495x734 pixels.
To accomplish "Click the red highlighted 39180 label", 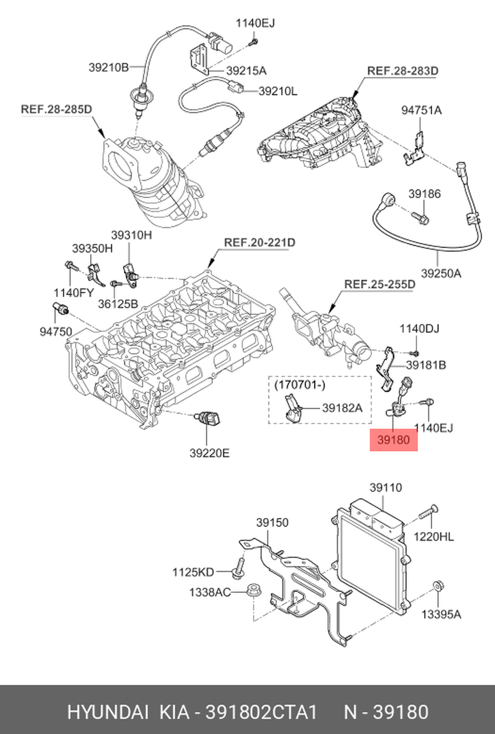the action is [x=394, y=440].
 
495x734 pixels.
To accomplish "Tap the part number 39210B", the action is [x=109, y=67].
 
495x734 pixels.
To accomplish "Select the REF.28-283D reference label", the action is [x=402, y=71].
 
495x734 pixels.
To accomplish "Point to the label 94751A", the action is [x=422, y=110].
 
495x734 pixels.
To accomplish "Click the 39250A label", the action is [x=441, y=273].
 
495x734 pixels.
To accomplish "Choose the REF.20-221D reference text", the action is [x=259, y=242].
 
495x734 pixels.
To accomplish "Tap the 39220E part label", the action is [x=209, y=453].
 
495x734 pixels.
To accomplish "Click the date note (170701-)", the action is [x=300, y=385].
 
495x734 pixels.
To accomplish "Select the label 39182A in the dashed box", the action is [x=343, y=408].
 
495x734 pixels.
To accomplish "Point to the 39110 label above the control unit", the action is [x=386, y=488].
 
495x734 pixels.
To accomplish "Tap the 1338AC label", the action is [x=210, y=592].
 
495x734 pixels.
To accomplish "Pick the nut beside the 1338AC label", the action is [x=253, y=590].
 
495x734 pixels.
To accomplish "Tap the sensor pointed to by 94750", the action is [x=60, y=308].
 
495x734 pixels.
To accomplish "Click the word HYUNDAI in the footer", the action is [x=106, y=712].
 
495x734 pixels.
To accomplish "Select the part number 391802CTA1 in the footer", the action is [x=261, y=712].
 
